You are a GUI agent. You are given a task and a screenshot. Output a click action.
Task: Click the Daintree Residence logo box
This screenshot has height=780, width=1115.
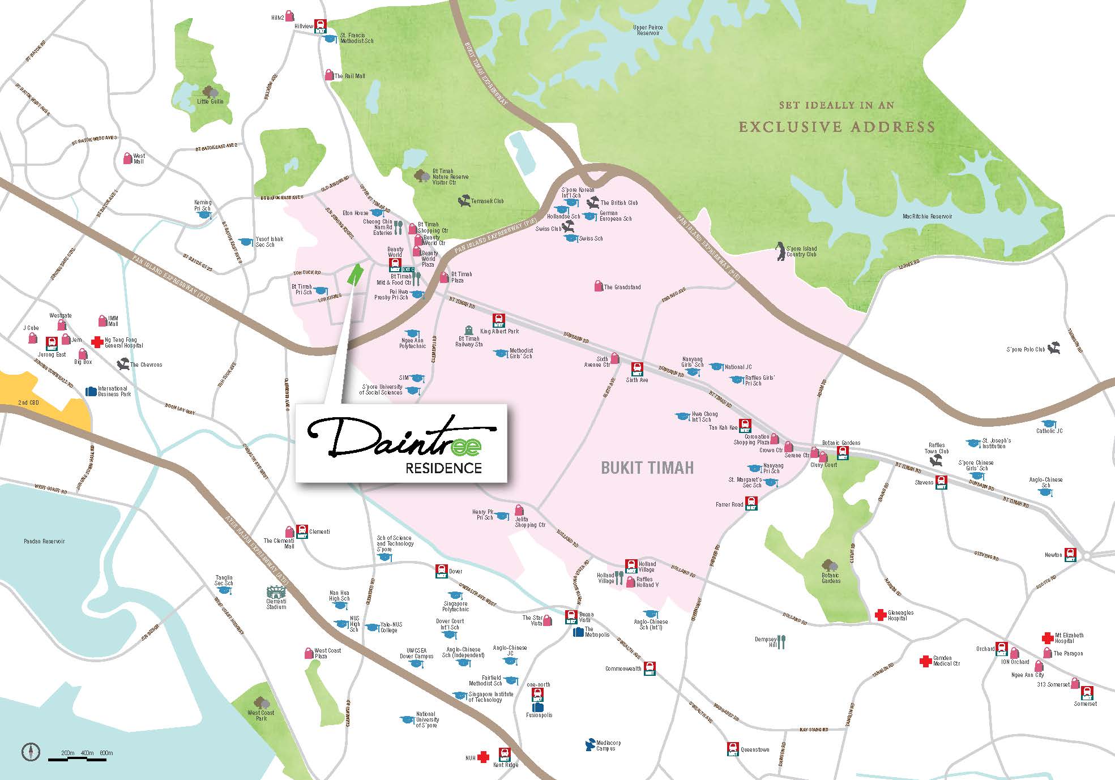pyautogui.click(x=401, y=443)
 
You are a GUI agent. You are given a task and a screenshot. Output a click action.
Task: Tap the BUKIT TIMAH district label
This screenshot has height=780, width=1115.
pyautogui.click(x=647, y=468)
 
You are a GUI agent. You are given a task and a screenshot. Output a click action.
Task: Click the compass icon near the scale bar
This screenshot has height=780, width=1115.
pyautogui.click(x=31, y=752)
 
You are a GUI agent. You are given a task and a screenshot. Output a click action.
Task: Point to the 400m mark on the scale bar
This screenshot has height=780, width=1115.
pyautogui.click(x=87, y=753)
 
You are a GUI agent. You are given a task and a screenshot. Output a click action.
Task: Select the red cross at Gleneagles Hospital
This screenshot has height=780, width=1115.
pyautogui.click(x=880, y=615)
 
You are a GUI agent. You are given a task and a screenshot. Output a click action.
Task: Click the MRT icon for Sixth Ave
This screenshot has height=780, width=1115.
pyautogui.click(x=637, y=369)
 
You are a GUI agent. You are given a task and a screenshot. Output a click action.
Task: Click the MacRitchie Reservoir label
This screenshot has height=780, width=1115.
pyautogui.click(x=927, y=216)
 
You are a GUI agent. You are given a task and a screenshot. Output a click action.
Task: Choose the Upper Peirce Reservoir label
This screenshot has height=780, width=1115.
pyautogui.click(x=648, y=30)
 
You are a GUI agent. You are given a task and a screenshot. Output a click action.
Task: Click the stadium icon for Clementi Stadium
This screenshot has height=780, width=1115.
pyautogui.click(x=276, y=593)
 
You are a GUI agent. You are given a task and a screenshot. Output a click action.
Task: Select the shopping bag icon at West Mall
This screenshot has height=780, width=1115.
pyautogui.click(x=129, y=158)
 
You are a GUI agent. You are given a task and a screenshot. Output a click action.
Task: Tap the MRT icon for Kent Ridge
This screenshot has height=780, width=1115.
pyautogui.click(x=504, y=755)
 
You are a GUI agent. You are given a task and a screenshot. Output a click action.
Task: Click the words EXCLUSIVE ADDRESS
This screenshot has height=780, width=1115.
pyautogui.click(x=836, y=127)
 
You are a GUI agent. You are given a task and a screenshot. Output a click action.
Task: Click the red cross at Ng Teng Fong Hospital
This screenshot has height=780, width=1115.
pyautogui.click(x=98, y=342)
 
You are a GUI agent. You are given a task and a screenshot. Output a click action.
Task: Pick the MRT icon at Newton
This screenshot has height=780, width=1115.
pyautogui.click(x=1070, y=555)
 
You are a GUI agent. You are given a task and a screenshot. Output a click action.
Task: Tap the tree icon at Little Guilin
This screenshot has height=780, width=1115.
pyautogui.click(x=211, y=92)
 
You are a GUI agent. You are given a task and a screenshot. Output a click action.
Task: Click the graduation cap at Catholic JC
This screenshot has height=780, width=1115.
pyautogui.click(x=1049, y=423)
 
